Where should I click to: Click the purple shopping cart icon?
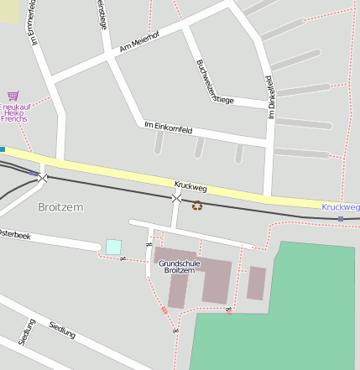[x=13, y=96]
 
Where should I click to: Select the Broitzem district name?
[x=61, y=206]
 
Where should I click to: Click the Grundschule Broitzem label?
[x=179, y=267]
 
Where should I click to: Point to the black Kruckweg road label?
[x=190, y=185]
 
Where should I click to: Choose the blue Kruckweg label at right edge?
[x=340, y=206]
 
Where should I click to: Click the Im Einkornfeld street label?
[x=169, y=130]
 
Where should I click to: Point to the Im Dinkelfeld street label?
[x=270, y=96]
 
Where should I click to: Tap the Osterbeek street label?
[x=14, y=235]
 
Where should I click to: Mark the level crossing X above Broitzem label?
[x=42, y=178]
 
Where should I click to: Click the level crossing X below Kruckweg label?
[x=176, y=199]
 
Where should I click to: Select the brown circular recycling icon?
[x=197, y=205]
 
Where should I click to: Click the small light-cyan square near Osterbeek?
[x=113, y=247]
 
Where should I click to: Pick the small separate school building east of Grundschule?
[x=256, y=283]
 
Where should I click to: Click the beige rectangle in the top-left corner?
[x=9, y=10]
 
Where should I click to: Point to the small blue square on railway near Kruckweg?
[x=340, y=219]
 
